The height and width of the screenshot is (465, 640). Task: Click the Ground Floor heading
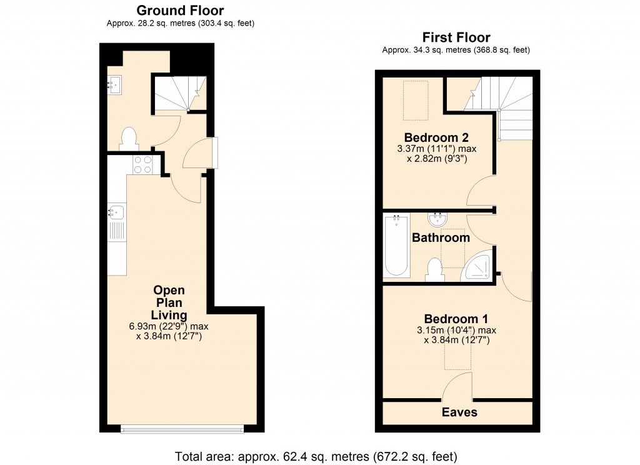coord(180,11)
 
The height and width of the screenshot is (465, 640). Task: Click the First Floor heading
coord(456,37)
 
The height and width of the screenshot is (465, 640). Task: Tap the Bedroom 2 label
coord(436,137)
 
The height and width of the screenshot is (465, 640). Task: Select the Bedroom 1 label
coord(456,317)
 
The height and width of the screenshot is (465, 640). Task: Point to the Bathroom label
coord(441,238)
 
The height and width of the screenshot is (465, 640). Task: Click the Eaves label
coord(459,412)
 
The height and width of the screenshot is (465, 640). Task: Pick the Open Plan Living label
coord(170,302)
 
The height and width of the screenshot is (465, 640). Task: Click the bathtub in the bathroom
coord(397,246)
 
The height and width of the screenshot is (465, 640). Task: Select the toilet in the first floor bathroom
coord(433,269)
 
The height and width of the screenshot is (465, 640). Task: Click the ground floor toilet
coord(129,139)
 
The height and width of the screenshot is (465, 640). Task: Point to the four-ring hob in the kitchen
coord(143,164)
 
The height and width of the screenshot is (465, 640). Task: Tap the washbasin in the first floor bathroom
coord(437,219)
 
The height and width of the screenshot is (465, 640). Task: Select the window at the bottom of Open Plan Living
coord(182,429)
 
